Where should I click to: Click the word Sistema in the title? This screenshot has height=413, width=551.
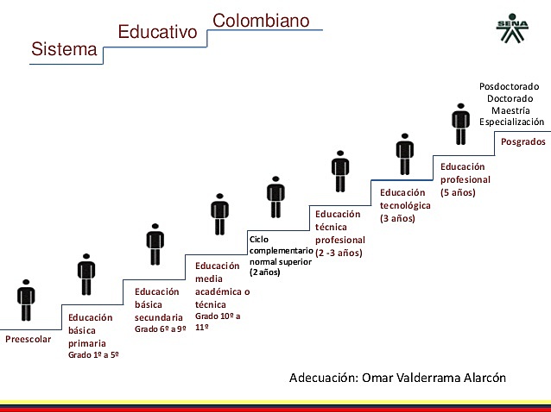point(64,49)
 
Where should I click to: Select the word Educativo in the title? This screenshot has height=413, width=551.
point(157,33)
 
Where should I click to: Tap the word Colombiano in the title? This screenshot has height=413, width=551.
point(261,18)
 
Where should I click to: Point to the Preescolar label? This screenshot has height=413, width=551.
point(28,339)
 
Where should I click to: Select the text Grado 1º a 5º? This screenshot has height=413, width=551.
point(93,354)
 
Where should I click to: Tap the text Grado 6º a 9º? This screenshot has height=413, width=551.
point(161,329)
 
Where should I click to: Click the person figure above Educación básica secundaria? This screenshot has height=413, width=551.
point(155,244)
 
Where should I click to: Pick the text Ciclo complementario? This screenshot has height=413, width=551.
point(281,244)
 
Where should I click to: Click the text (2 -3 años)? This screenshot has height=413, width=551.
point(339,253)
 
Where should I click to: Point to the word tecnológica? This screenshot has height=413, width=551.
point(405,205)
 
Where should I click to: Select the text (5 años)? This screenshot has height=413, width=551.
point(458,192)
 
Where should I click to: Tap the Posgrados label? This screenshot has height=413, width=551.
point(523,141)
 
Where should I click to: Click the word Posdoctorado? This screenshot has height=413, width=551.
point(509,86)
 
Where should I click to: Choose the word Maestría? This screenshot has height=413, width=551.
point(510,110)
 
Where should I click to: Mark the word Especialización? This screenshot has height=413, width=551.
point(512,122)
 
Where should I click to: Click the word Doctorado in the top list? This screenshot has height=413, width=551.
point(510,98)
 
